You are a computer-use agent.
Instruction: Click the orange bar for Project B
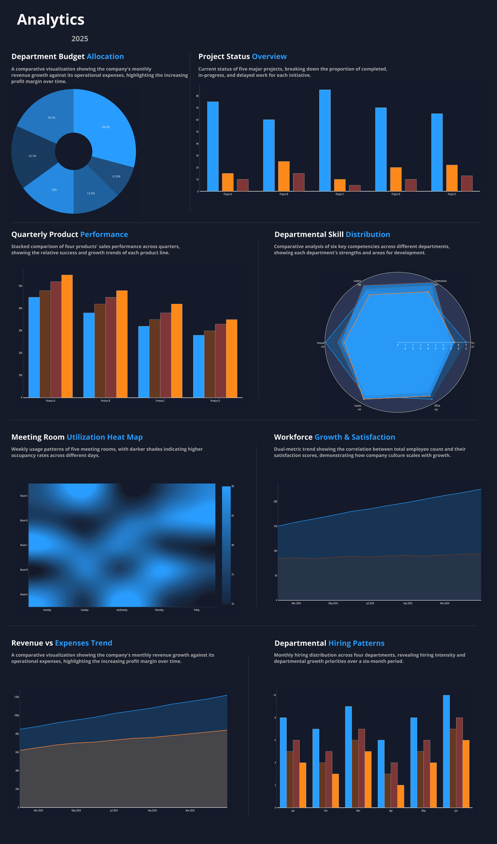click(284, 176)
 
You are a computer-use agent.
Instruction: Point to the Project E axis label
click(451, 194)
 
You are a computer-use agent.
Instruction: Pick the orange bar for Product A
click(67, 336)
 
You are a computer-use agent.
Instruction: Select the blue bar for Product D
click(198, 366)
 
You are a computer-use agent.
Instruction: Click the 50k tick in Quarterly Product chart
click(20, 286)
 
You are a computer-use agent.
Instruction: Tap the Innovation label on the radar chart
click(321, 345)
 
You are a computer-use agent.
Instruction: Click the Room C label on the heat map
click(24, 545)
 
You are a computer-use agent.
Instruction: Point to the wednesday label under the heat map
click(122, 610)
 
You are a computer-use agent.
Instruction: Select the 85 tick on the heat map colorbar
click(233, 516)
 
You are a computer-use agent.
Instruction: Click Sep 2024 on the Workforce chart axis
click(408, 603)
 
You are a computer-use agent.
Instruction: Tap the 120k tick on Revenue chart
click(17, 697)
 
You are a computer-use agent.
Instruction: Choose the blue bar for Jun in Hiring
click(446, 751)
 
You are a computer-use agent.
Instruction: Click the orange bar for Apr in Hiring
click(400, 796)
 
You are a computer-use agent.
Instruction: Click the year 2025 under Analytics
click(80, 39)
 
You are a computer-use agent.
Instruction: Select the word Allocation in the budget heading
click(105, 56)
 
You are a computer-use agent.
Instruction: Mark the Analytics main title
click(51, 19)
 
